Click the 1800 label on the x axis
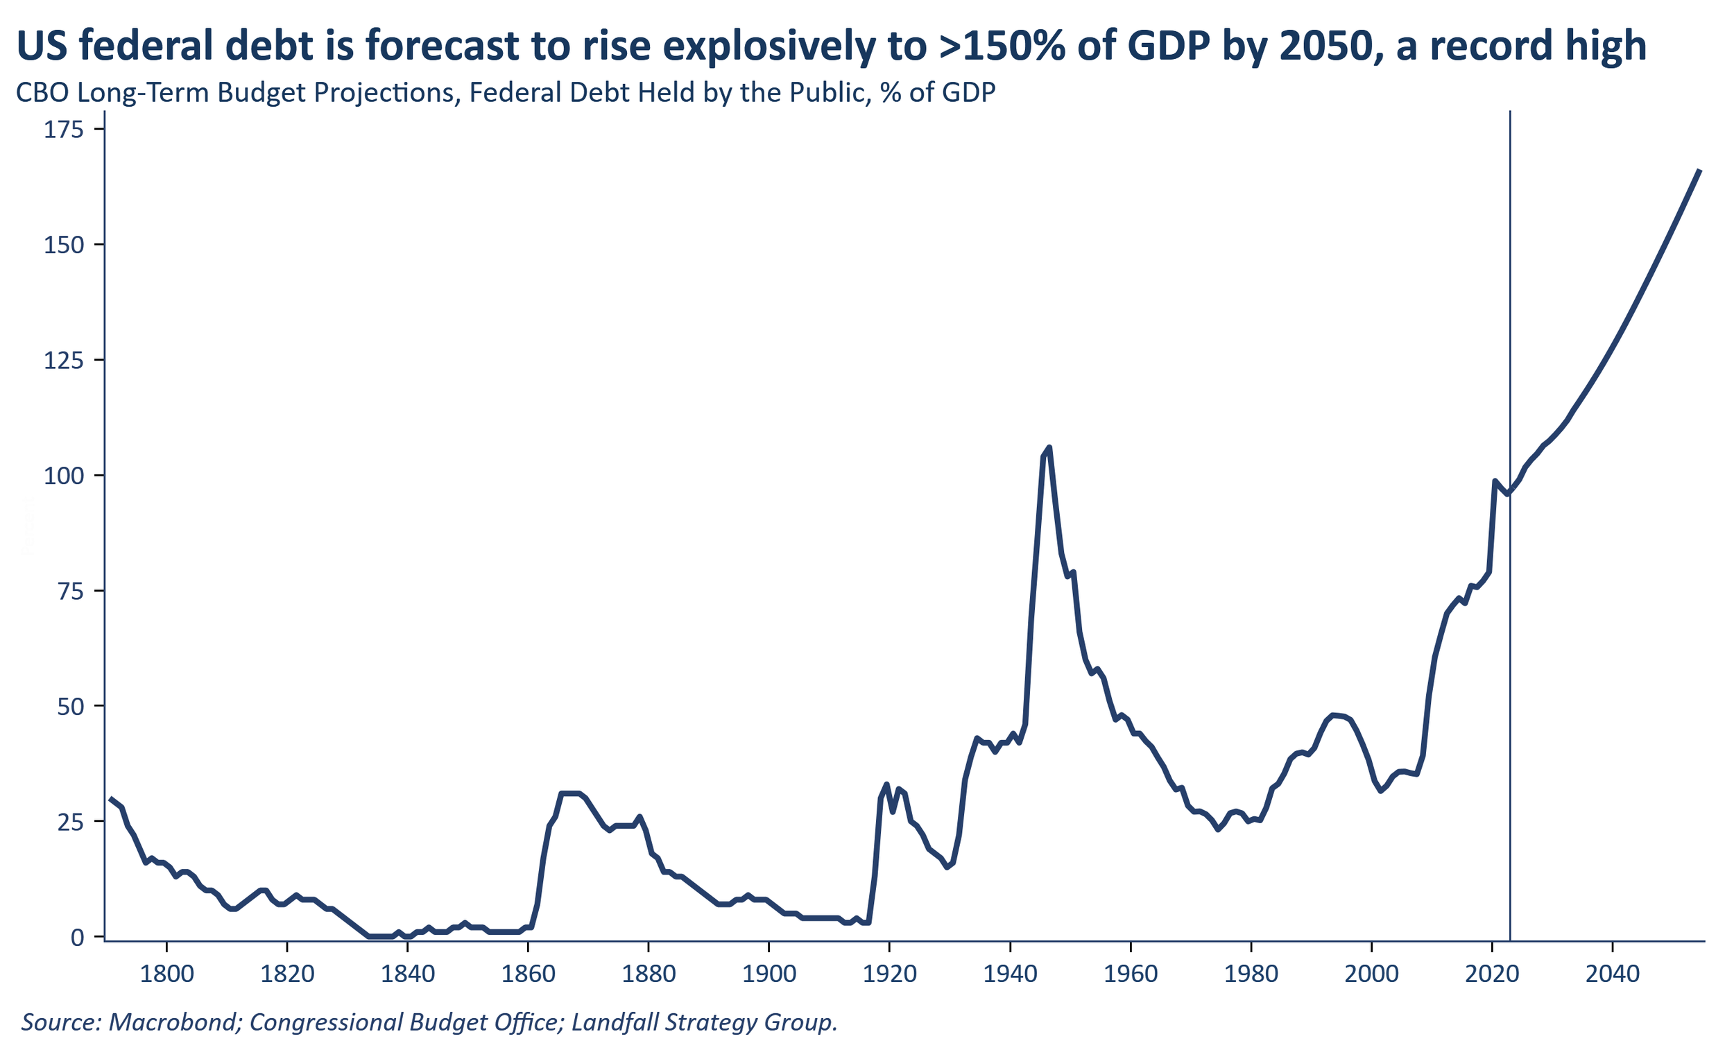point(166,974)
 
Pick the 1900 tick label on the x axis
point(769,974)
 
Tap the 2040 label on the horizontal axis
point(1611,974)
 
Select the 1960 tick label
point(1130,974)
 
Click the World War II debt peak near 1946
point(1049,447)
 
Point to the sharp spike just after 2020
point(1494,481)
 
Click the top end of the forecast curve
point(1700,171)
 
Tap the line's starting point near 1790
point(110,799)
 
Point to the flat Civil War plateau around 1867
point(570,793)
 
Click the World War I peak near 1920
point(886,784)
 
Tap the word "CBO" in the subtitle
point(42,93)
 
